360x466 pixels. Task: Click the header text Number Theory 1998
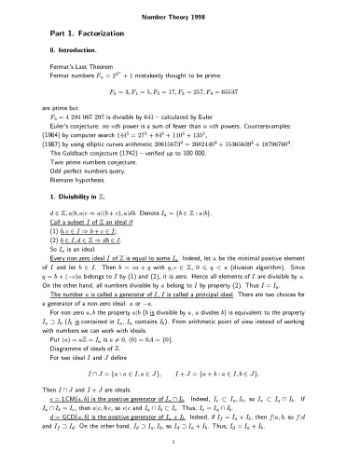(180, 16)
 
